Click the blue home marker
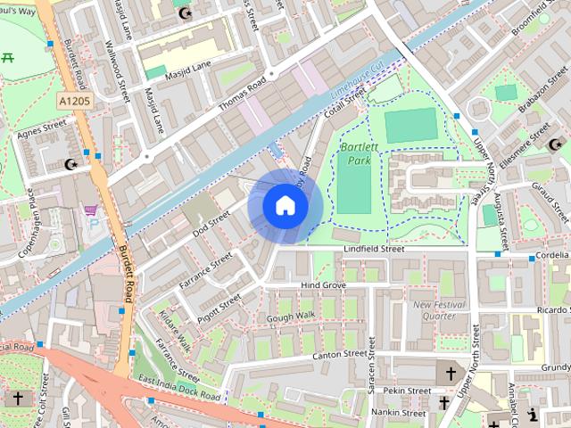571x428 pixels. (285, 206)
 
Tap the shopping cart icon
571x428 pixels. (90, 210)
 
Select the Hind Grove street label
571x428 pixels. (323, 285)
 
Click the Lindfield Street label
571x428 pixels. (375, 251)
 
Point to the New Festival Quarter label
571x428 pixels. (435, 309)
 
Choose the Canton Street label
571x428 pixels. (340, 355)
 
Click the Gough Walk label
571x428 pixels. (290, 317)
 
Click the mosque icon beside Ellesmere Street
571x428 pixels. (556, 144)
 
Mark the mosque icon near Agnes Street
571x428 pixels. (72, 164)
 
